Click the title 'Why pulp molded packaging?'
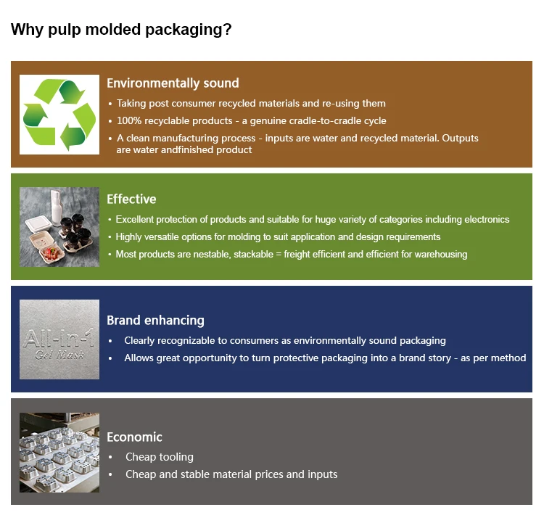[x=121, y=30]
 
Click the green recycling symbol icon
[x=59, y=115]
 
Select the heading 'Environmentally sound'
[x=173, y=83]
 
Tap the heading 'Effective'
[x=131, y=199]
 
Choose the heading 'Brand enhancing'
[x=155, y=320]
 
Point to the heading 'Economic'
[x=134, y=437]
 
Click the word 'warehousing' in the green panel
[x=438, y=254]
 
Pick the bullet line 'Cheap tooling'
[x=159, y=457]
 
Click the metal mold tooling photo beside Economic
[x=59, y=453]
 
